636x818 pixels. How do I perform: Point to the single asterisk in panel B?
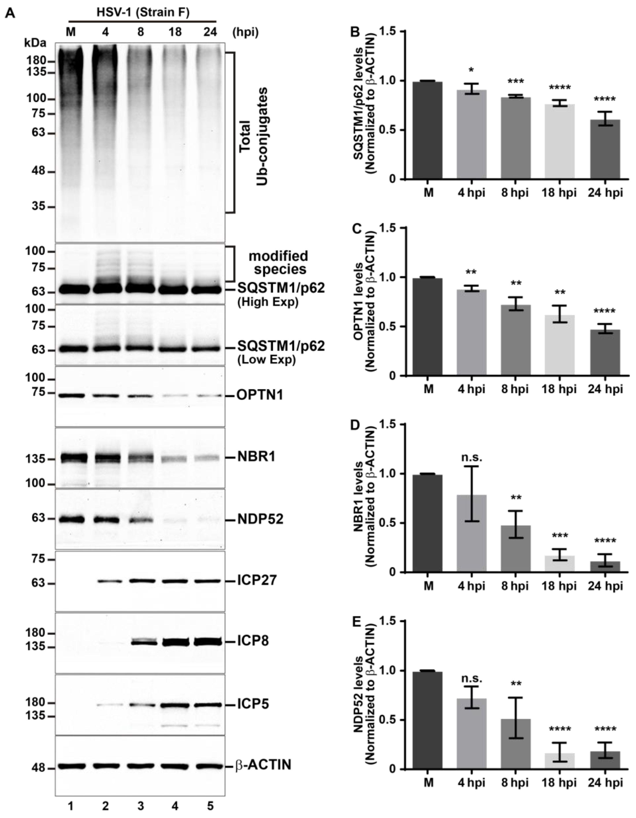[x=472, y=71]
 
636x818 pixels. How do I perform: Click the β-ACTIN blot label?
[x=263, y=764]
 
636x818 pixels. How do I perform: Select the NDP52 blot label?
[x=260, y=519]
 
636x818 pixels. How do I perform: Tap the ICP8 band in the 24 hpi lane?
[x=208, y=641]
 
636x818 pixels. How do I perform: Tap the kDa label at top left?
[x=35, y=43]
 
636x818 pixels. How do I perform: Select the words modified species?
[x=278, y=262]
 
